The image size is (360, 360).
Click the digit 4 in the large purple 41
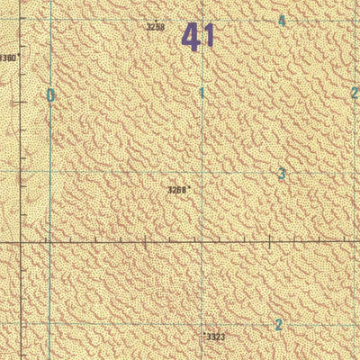(x=191, y=37)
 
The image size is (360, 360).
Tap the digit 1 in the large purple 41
(x=209, y=37)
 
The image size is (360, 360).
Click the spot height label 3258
(x=156, y=27)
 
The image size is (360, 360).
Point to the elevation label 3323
(x=214, y=337)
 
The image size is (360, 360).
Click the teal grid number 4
(x=282, y=21)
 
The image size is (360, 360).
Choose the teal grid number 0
(x=50, y=95)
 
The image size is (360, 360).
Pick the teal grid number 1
(x=202, y=93)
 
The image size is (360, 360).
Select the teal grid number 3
(x=282, y=174)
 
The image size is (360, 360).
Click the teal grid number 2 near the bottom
(x=279, y=325)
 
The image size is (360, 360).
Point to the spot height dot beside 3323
(x=202, y=334)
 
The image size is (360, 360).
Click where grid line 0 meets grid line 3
(x=49, y=171)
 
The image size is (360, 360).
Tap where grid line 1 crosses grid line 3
(x=202, y=171)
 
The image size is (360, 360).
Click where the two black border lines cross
(x=20, y=242)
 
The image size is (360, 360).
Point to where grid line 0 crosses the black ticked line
(x=49, y=242)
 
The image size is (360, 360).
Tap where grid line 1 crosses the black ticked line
(x=202, y=242)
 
